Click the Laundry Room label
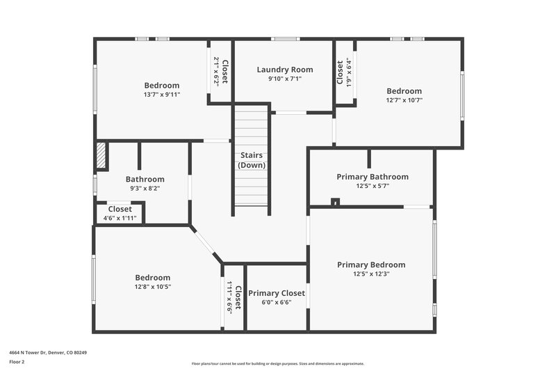click(285, 70)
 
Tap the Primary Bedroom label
click(371, 265)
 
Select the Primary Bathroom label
click(373, 177)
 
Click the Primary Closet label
click(277, 293)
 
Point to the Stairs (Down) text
click(252, 160)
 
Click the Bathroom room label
click(145, 179)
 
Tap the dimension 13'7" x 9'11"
click(162, 95)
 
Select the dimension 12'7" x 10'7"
click(404, 100)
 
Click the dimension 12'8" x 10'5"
click(152, 286)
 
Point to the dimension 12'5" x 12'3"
click(371, 274)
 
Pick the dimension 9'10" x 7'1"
click(285, 79)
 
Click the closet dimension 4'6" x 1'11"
click(120, 218)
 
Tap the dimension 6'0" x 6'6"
click(277, 302)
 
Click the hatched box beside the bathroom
click(101, 156)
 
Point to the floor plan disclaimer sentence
click(278, 363)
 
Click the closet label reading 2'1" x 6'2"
click(217, 71)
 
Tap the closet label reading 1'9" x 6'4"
click(348, 72)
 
